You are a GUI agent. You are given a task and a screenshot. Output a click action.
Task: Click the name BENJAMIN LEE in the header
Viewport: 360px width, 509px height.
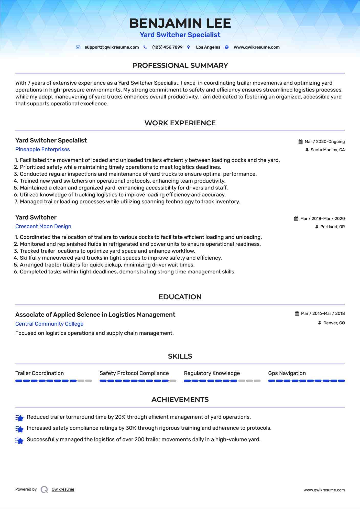pos(180,23)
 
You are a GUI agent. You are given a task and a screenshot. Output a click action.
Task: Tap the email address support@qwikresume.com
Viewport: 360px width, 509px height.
pos(112,47)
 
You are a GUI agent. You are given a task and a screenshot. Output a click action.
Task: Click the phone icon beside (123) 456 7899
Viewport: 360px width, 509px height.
pos(145,47)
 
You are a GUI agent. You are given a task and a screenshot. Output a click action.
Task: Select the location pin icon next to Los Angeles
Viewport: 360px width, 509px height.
pos(189,47)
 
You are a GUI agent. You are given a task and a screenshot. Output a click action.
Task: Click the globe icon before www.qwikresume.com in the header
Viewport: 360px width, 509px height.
pos(227,47)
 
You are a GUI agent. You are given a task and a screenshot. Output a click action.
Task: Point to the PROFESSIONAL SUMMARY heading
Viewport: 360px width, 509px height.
pos(180,65)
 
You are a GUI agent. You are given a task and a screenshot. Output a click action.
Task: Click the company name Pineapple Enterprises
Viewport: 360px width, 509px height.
pos(42,149)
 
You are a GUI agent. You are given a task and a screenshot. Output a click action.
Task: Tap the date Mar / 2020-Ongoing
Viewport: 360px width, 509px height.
pos(324,142)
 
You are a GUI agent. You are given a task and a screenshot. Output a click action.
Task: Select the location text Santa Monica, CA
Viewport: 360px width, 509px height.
pos(328,150)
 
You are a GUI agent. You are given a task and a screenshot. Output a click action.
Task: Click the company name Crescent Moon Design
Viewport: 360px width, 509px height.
pos(43,226)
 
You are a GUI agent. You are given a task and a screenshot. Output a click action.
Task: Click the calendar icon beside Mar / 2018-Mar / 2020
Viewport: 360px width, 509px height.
pos(296,219)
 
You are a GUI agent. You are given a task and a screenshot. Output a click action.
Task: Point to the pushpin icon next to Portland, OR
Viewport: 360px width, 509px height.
pos(317,227)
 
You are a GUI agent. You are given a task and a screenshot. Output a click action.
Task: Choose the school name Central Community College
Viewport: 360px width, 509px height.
pos(49,324)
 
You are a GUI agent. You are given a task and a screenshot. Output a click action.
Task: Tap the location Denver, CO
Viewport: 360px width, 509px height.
pos(334,323)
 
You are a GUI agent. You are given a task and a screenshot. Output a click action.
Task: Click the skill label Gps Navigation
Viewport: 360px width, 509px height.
pos(287,373)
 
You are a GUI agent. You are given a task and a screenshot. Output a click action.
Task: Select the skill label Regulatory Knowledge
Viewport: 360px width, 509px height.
pos(212,373)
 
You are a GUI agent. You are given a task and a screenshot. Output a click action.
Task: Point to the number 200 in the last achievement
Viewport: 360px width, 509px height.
pos(139,439)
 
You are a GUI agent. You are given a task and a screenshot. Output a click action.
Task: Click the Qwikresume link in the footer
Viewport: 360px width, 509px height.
pos(63,489)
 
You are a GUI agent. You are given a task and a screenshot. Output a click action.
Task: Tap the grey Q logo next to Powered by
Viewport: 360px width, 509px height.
pos(44,490)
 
